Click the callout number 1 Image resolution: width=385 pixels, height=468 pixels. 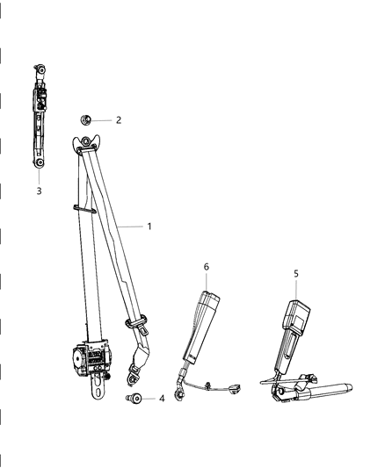point(149,226)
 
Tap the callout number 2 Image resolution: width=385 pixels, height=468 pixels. point(118,120)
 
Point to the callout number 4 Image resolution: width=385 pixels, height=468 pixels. point(161,399)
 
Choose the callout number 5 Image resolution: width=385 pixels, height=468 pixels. point(296,273)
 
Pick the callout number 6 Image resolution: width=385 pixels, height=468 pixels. point(206,267)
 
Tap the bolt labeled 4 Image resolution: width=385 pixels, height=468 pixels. point(134,400)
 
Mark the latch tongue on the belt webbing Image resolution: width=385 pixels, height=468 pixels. point(141,326)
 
